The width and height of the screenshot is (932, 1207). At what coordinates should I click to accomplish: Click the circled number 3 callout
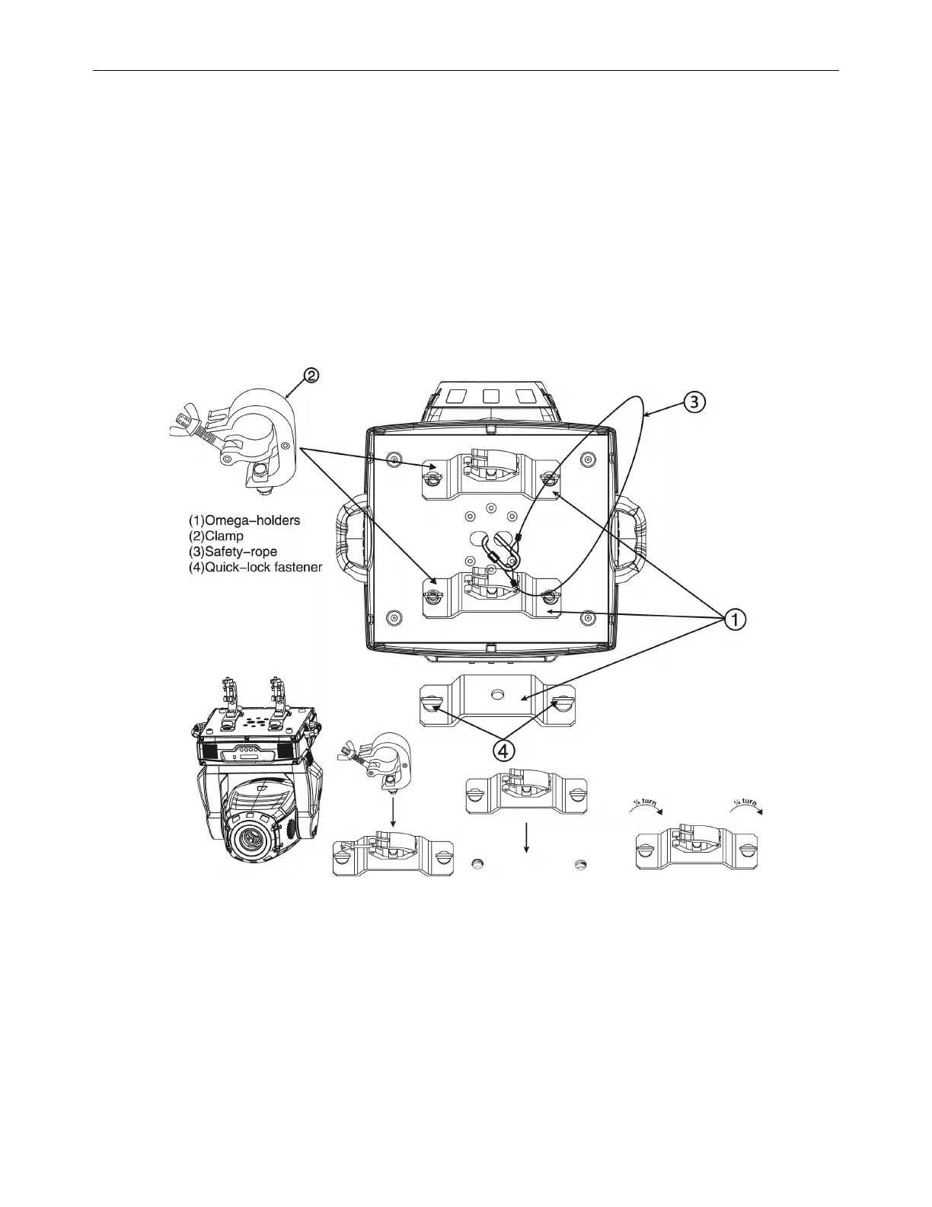(x=695, y=402)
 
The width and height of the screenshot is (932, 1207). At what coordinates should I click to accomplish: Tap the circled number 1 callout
(x=735, y=620)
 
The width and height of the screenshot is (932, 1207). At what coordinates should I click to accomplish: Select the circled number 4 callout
(x=503, y=751)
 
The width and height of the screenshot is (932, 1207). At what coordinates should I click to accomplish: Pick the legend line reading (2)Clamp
(x=216, y=536)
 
